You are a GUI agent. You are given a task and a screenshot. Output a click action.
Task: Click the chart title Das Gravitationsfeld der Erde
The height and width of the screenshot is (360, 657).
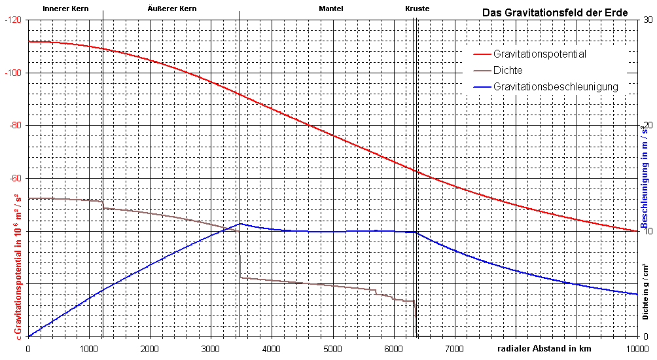pyautogui.click(x=555, y=12)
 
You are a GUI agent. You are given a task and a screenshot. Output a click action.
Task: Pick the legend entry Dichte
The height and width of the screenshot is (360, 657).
pyautogui.click(x=508, y=70)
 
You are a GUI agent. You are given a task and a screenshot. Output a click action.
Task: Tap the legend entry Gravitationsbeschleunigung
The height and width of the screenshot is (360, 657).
pyautogui.click(x=556, y=86)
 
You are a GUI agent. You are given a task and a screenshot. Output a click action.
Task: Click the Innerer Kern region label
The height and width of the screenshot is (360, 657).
pyautogui.click(x=65, y=9)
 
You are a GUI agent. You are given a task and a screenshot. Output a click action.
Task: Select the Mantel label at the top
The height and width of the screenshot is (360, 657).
pyautogui.click(x=330, y=9)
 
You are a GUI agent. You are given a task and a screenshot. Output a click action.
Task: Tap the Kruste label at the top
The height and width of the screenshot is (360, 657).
pyautogui.click(x=417, y=9)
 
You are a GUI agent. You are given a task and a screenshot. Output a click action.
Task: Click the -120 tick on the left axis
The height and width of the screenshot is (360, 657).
pyautogui.click(x=12, y=20)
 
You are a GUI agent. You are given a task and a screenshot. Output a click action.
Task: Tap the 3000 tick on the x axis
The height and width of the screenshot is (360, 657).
pyautogui.click(x=211, y=349)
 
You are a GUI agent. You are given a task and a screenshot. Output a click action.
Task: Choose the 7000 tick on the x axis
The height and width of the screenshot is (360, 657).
pyautogui.click(x=455, y=349)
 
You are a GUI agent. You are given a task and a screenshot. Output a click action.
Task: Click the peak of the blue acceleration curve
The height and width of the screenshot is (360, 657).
pyautogui.click(x=240, y=223)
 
